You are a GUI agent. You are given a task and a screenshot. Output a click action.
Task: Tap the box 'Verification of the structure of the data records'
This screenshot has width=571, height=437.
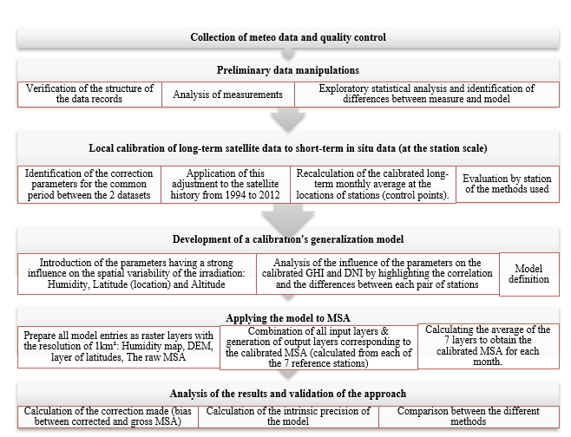(89, 94)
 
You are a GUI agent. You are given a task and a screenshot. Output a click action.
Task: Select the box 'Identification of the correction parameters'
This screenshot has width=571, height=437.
(89, 183)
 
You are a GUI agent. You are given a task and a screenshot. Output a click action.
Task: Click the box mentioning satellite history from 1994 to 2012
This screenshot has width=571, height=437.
(224, 183)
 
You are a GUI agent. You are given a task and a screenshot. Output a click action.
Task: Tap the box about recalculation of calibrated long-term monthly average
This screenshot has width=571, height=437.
(372, 183)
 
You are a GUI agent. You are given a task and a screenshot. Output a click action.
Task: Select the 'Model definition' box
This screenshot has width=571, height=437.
(530, 274)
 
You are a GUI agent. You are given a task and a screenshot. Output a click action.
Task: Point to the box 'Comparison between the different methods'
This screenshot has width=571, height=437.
(473, 416)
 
